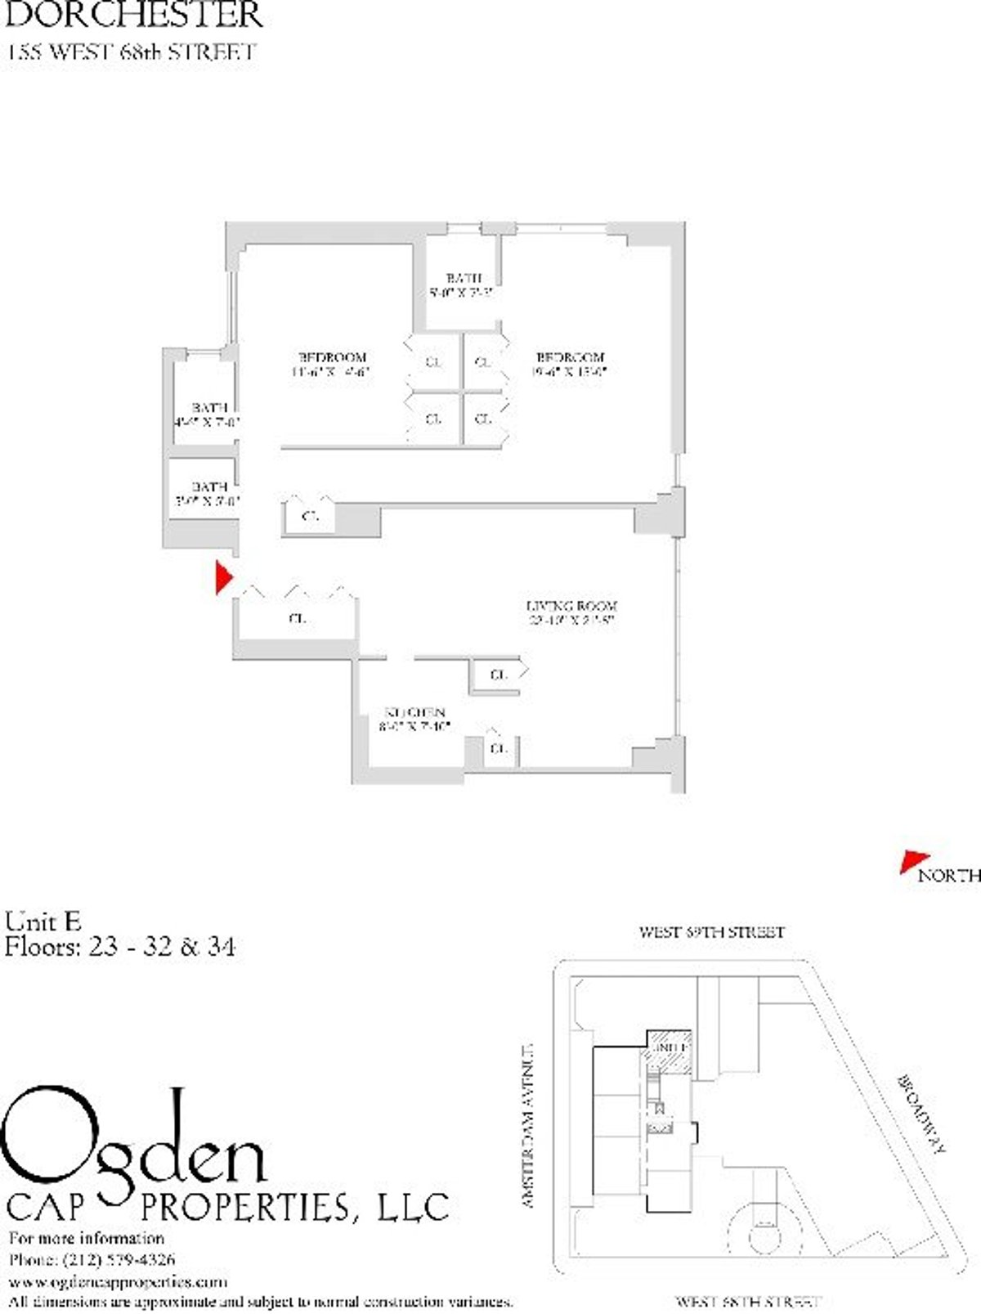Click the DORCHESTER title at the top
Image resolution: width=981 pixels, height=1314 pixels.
[135, 15]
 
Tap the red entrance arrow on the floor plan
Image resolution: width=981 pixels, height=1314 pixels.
[222, 577]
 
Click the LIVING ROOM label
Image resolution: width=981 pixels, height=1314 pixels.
[571, 606]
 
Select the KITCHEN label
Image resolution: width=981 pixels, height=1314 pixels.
[415, 712]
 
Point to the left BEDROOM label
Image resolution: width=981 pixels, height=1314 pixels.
[332, 357]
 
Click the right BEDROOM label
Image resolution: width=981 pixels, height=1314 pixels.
[570, 357]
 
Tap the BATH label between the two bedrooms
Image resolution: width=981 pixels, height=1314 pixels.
[464, 278]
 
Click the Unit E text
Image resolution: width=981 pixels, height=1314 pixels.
[43, 922]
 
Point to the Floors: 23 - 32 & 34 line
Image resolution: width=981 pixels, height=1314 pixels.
[120, 947]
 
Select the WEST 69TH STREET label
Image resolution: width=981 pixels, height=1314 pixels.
[711, 931]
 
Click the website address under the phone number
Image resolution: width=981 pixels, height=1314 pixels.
[118, 1281]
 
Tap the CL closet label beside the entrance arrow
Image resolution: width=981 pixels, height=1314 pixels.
[297, 619]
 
